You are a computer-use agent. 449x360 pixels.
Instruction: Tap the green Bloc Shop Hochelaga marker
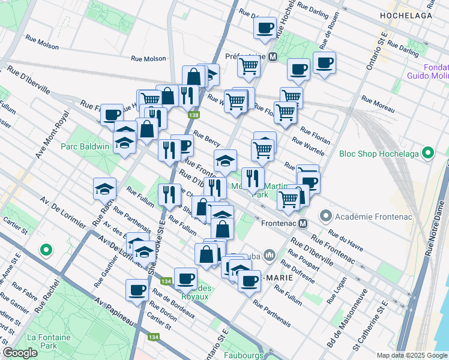[x=428, y=153]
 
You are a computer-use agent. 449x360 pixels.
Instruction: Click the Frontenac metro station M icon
[x=303, y=223]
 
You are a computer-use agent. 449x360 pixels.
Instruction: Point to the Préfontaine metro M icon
[x=273, y=57]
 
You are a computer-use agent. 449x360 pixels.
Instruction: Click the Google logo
[x=20, y=353]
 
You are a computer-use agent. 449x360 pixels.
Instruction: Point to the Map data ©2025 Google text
[x=411, y=355]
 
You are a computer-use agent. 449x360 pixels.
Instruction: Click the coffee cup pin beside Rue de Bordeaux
[x=137, y=290]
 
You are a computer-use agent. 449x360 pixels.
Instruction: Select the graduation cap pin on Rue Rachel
[x=105, y=189]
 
